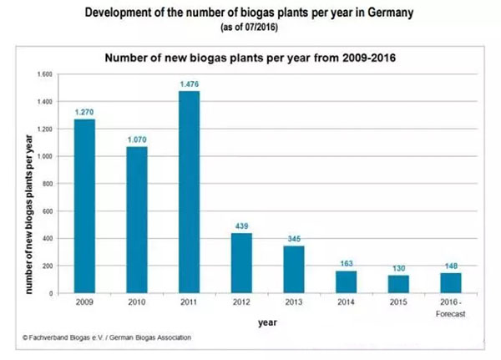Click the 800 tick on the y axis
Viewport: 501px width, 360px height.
click(48, 184)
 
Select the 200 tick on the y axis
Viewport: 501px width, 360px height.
click(48, 266)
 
